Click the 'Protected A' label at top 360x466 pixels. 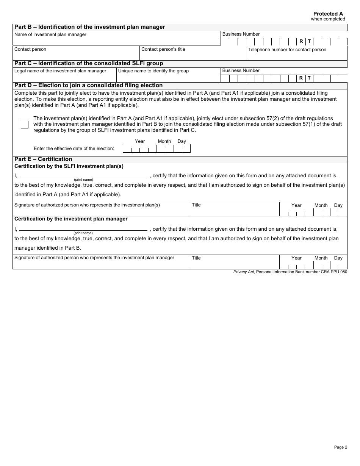point(328,14)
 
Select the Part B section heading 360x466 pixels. point(89,27)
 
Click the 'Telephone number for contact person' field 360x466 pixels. point(296,56)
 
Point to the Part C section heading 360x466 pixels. point(88,63)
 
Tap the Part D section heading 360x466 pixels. point(88,85)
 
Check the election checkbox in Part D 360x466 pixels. point(25,125)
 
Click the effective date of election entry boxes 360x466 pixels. point(157,149)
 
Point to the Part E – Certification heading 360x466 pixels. point(43,159)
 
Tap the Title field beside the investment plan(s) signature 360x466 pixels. point(234,211)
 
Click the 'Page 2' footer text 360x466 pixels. point(340,447)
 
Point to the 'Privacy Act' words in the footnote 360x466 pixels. point(243,272)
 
